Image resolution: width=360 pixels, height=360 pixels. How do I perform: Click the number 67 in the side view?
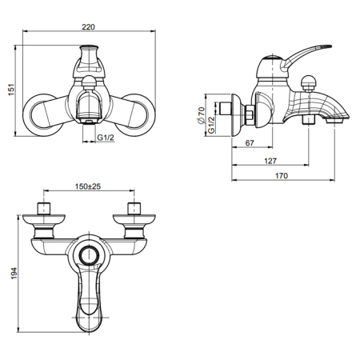[250, 144]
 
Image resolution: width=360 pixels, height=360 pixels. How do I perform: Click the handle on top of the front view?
[90, 60]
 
